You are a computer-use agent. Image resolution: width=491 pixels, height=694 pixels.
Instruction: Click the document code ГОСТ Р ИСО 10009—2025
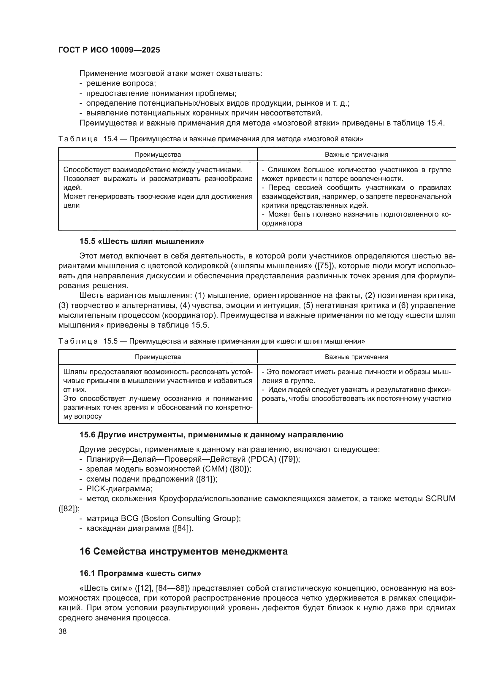(109, 50)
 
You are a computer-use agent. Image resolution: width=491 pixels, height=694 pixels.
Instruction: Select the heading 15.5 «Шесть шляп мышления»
(142, 241)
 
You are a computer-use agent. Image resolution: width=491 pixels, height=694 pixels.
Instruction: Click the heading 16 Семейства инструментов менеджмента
(183, 551)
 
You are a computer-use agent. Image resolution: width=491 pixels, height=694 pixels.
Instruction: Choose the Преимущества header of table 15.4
(158, 155)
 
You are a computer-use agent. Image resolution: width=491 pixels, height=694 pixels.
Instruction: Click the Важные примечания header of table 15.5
(356, 357)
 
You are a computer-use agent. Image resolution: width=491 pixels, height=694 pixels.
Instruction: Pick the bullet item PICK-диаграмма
(119, 488)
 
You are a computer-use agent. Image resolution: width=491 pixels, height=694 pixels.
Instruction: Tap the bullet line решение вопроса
(121, 83)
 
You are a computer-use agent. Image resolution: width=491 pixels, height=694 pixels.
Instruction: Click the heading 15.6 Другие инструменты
(211, 435)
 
